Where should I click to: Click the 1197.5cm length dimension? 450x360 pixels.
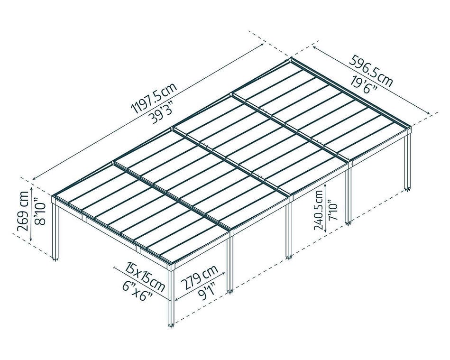pos(154,98)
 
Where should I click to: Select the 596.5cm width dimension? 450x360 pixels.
pos(370,71)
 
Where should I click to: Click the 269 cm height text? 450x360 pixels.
pos(23,211)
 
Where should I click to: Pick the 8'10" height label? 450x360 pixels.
pos(40,213)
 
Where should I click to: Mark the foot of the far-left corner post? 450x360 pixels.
pos(55,259)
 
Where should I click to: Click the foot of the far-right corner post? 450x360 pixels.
pos(407,189)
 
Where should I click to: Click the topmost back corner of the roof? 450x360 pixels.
pos(291,58)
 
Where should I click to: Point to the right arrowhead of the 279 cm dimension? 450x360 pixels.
pos(224,273)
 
